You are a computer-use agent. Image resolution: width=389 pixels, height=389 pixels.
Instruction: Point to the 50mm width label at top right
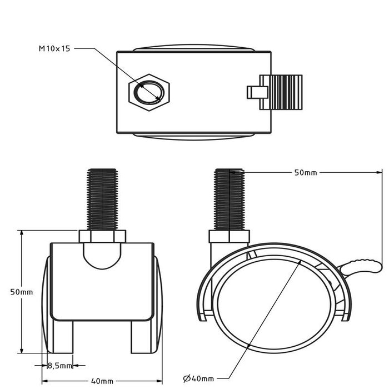click(x=305, y=173)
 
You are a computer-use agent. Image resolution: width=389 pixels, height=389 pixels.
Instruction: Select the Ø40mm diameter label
click(x=198, y=378)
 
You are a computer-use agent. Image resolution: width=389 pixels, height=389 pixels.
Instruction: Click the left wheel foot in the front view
click(x=63, y=336)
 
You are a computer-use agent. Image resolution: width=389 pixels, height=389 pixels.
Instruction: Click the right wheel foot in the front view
click(x=141, y=336)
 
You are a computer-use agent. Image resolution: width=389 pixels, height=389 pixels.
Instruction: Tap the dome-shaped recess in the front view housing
click(x=102, y=256)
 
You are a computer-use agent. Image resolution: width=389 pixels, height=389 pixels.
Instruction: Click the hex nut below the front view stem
click(x=102, y=237)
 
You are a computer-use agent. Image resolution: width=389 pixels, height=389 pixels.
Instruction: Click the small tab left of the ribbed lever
click(x=254, y=92)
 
